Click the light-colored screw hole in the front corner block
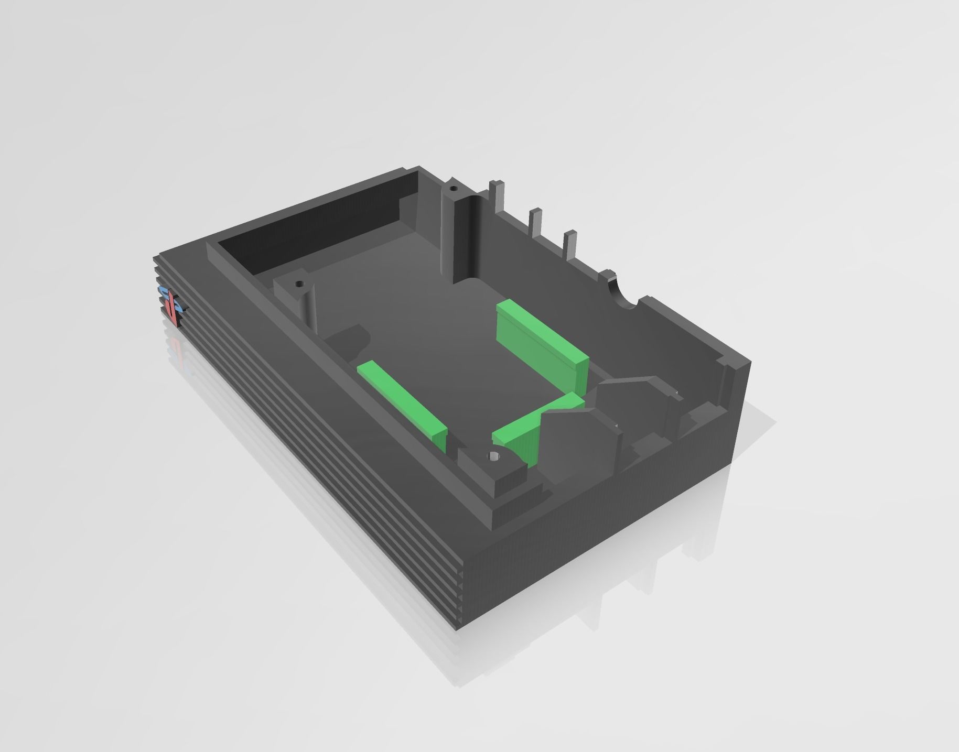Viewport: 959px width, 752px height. [x=493, y=456]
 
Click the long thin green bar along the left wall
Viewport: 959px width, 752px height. [x=401, y=399]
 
